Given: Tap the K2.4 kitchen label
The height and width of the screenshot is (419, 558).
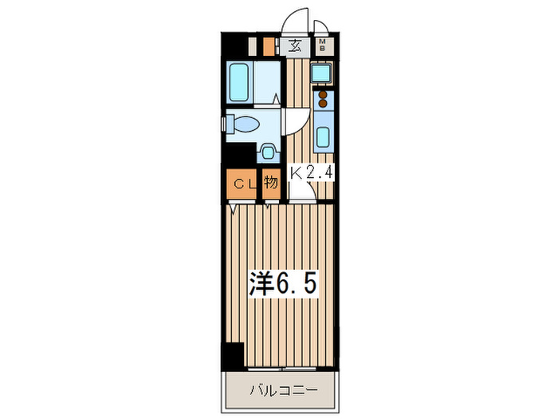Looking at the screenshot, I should (x=310, y=172).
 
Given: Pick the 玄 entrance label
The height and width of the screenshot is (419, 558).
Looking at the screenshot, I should (x=295, y=45).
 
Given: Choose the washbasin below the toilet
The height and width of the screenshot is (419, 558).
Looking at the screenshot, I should (x=269, y=152).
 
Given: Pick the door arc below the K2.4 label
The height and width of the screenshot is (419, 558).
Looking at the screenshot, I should (x=301, y=190).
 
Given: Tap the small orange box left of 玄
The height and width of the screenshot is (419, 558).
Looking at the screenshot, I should (x=269, y=45).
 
